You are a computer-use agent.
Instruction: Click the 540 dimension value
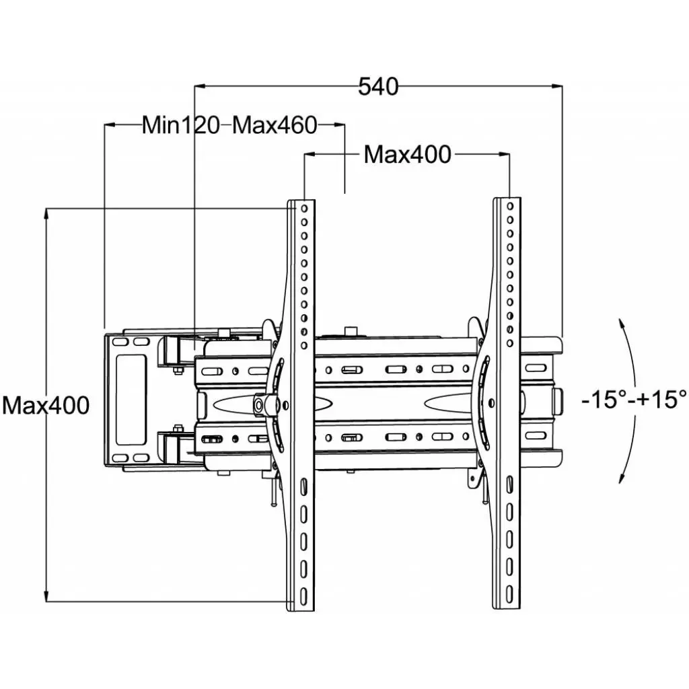378,87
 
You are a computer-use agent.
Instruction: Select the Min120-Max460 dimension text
229,125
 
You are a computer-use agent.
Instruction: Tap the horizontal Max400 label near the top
407,155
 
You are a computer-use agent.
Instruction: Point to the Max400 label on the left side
45,406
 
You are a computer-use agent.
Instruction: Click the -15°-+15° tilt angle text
634,399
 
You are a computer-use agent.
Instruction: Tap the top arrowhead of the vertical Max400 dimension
46,213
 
